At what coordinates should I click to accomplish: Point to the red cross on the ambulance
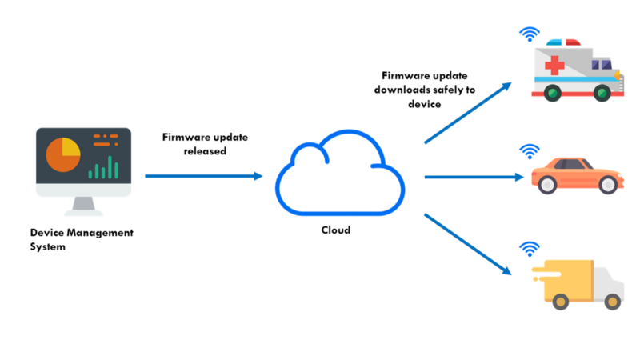coord(554,65)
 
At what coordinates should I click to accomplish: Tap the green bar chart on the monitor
coord(103,168)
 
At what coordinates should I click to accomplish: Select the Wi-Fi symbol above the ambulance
coord(529,34)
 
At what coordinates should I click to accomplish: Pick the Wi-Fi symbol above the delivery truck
coord(529,249)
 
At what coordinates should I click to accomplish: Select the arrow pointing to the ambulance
coord(467,111)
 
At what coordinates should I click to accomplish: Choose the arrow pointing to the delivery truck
coord(467,243)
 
